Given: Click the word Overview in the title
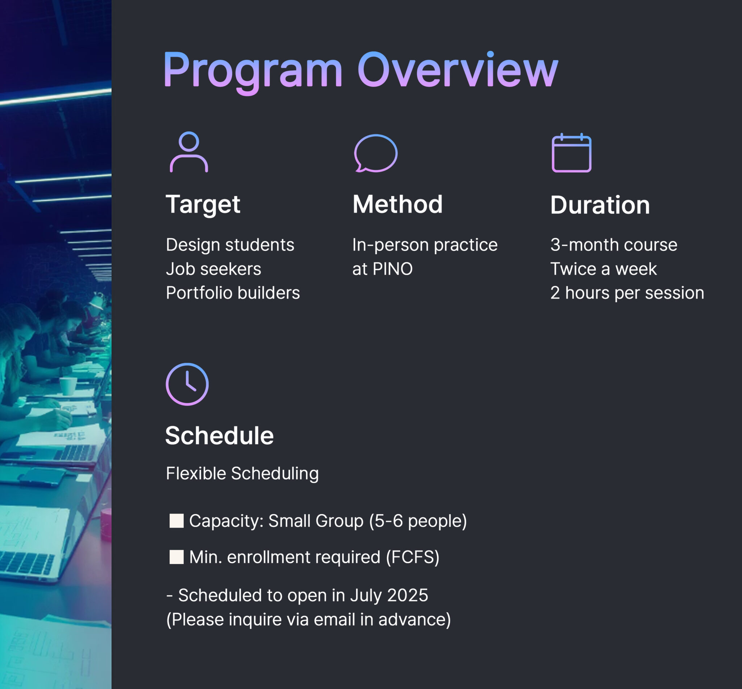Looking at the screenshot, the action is coord(458,69).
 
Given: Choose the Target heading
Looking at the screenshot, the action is coord(203,205).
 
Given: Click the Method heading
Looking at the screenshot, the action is coord(398,204).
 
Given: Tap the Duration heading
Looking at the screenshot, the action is coord(600,205).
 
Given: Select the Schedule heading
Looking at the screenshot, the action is coord(220,435).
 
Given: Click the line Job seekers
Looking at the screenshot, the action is coord(213,269).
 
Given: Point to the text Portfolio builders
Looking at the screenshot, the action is coord(233,293).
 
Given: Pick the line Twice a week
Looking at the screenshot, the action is coord(603,269).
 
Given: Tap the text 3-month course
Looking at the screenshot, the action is coord(614,245).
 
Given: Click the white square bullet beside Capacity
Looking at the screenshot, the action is coord(177,521).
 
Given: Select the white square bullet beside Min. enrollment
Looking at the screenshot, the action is coord(177,557).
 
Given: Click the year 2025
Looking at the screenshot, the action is coord(408,595).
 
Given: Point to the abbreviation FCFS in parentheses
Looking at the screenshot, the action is coord(413,557).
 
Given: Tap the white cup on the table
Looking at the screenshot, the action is coord(68,386).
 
